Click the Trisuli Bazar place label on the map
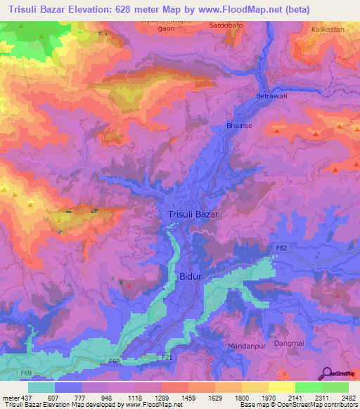coord(193,214)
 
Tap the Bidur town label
coord(190,277)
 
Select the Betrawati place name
coord(272,96)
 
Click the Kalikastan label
coord(328,30)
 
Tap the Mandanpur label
coord(245,346)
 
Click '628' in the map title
coord(130,9)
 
